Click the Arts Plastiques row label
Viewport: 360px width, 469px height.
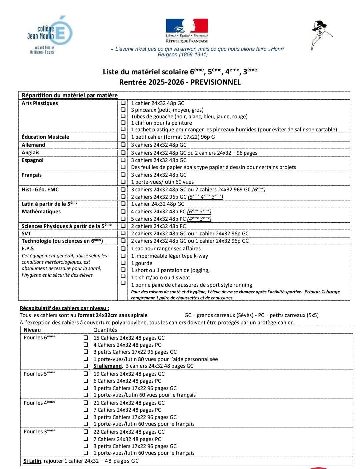[40, 103]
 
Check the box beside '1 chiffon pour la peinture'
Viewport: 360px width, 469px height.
[123, 123]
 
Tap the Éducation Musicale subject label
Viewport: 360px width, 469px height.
[45, 137]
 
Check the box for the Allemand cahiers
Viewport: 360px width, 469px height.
[123, 145]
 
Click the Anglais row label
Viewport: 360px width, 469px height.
[30, 153]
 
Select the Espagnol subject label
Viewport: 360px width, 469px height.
[32, 160]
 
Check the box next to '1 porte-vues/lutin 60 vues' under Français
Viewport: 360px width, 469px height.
[123, 182]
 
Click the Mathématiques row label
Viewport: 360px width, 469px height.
[41, 212]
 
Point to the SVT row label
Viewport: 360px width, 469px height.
[26, 233]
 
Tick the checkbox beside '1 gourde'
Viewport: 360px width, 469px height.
[123, 263]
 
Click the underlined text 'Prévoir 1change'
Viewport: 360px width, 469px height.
[322, 292]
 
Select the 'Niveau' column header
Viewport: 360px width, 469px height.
[32, 330]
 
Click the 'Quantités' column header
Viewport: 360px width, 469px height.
[105, 330]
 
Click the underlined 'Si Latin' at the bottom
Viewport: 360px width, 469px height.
[32, 461]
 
